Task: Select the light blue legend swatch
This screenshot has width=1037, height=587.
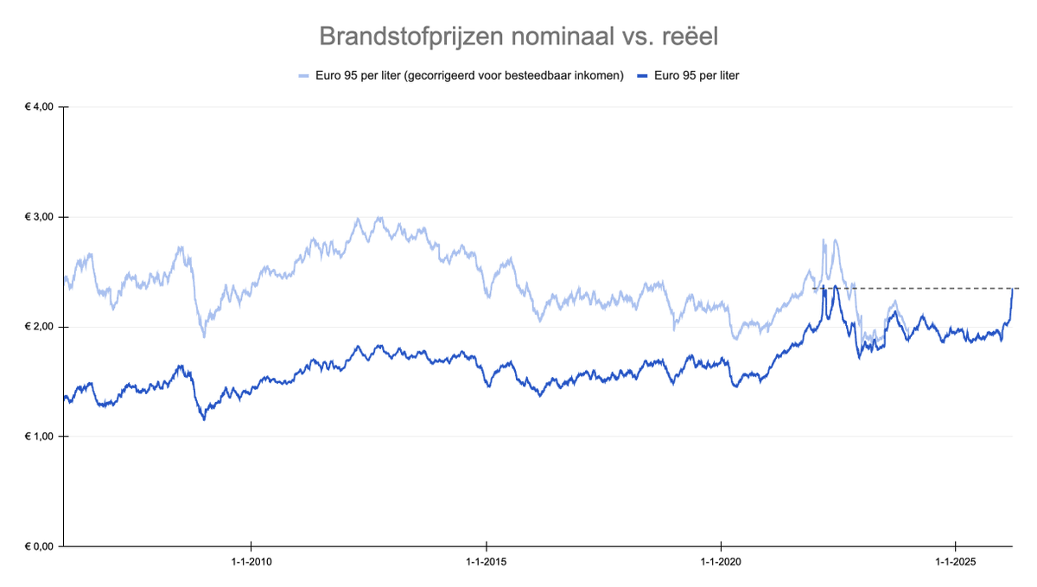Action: click(x=302, y=76)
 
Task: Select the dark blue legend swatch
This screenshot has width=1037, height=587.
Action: click(x=642, y=76)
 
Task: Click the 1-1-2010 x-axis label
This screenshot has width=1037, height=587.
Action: click(x=251, y=563)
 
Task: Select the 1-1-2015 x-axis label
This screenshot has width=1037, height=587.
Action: click(x=487, y=563)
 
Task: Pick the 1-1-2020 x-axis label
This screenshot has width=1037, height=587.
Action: click(x=722, y=563)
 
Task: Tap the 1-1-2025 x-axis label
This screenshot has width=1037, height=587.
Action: click(x=956, y=563)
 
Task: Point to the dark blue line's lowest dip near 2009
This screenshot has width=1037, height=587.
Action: click(x=204, y=419)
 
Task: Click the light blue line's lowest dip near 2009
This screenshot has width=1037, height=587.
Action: click(x=204, y=336)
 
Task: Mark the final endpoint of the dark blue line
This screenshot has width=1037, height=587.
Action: click(x=1012, y=289)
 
